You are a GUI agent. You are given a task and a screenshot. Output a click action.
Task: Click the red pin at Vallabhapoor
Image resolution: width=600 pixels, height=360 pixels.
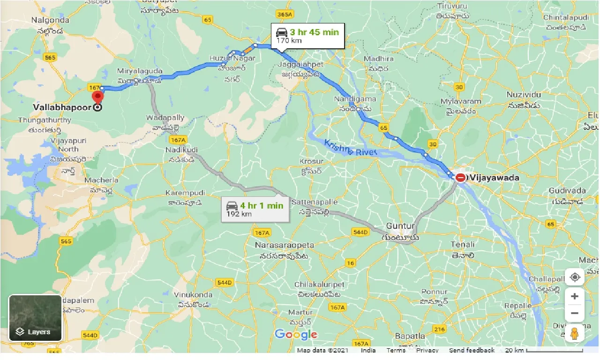(97, 97)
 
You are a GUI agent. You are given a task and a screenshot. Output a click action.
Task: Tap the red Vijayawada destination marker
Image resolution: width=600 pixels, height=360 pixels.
(461, 178)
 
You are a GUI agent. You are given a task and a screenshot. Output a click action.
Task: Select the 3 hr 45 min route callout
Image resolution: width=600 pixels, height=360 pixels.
(307, 36)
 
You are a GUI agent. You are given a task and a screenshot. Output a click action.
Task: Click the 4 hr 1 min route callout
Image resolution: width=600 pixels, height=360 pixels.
(255, 209)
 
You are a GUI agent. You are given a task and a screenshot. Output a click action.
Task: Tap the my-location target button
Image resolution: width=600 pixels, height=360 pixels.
(574, 277)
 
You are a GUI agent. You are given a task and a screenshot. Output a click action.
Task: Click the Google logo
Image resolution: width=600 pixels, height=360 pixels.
(296, 334)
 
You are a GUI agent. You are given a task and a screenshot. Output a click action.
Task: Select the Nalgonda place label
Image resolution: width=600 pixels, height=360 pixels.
(50, 20)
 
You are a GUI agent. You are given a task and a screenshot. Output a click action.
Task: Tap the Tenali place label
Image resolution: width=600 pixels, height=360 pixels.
(463, 244)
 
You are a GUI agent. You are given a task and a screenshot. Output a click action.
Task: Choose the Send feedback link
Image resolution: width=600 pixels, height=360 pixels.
(472, 350)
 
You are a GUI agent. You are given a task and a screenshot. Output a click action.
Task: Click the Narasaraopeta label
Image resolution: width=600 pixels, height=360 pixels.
(285, 245)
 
